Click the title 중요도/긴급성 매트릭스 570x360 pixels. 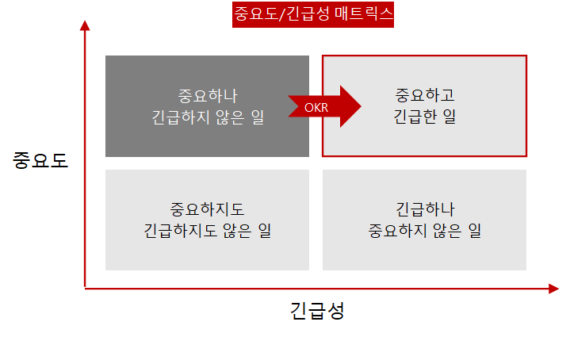coord(313,14)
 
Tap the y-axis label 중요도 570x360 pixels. coord(40,160)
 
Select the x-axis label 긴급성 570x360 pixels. coord(317,310)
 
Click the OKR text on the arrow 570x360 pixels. coord(316,107)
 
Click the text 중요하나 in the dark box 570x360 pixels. coord(208,97)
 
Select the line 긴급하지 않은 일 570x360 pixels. coord(208,118)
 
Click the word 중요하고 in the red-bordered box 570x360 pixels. coord(424,96)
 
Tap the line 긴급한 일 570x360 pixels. coord(424,117)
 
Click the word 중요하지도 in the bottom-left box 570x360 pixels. coord(208,209)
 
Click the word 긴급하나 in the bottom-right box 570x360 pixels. coord(424,209)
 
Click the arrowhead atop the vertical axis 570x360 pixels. coord(85,25)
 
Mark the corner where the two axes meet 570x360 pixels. coord(85,289)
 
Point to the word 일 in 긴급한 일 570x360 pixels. coord(449,117)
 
